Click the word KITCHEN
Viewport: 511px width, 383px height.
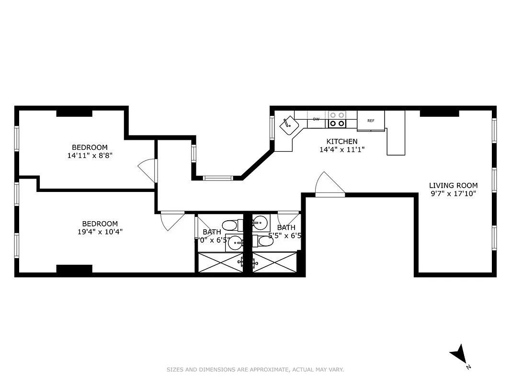pos(341,141)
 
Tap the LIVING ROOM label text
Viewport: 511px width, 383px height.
pos(453,186)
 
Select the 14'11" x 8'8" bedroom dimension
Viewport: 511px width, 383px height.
pos(90,156)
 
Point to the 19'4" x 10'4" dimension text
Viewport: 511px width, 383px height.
pos(100,232)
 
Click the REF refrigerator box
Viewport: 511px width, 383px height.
pos(371,121)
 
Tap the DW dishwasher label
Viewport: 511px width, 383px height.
pos(316,119)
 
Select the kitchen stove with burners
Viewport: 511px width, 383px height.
pos(337,119)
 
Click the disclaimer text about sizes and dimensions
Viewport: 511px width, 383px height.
pos(255,370)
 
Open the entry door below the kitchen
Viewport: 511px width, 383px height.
pos(329,184)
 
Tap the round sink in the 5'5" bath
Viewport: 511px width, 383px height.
pos(260,222)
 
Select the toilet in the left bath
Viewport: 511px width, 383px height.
pos(231,225)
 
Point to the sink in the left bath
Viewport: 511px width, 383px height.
pos(235,243)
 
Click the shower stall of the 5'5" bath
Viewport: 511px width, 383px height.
pos(274,262)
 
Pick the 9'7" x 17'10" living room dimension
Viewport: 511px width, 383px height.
pos(453,194)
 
